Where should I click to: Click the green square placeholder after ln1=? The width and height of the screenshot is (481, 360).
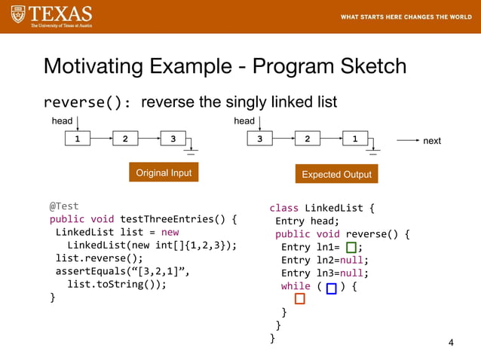(x=351, y=247)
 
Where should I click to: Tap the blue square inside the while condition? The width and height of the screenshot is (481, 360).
(x=331, y=288)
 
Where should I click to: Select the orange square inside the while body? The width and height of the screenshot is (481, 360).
(x=300, y=300)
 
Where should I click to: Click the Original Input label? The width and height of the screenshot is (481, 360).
(x=164, y=173)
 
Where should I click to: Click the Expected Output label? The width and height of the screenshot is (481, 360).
(x=336, y=174)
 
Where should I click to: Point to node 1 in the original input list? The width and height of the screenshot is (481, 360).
(x=77, y=139)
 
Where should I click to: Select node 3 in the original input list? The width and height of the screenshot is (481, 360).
(x=173, y=139)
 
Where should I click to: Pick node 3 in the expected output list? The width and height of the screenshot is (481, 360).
(x=259, y=139)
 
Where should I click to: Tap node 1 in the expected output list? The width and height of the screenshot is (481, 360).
(x=355, y=139)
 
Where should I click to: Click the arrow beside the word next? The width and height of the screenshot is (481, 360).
(x=407, y=140)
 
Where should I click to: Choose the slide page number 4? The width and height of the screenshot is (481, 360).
(x=451, y=343)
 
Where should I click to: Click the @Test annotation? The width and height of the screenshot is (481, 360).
(x=64, y=206)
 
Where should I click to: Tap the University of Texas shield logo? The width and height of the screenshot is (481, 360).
(x=17, y=14)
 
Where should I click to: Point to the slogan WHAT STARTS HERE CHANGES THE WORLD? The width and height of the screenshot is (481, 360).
(x=406, y=17)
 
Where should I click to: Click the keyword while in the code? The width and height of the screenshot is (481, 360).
(x=296, y=286)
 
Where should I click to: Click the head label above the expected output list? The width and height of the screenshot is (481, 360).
(x=244, y=121)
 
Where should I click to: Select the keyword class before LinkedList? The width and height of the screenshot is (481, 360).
(x=284, y=208)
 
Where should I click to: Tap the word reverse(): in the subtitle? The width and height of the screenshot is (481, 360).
(x=87, y=102)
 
